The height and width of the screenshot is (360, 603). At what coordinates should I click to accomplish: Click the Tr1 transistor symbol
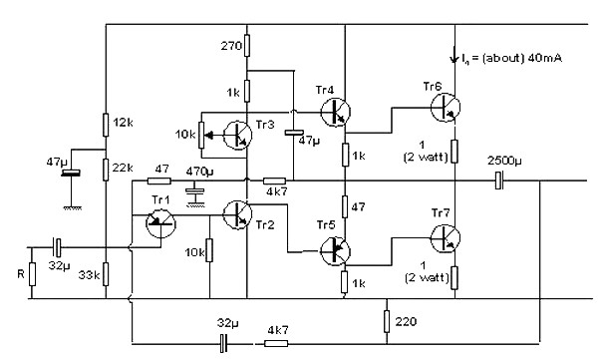coord(160,223)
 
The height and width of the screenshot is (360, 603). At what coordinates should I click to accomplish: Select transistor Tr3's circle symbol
coord(237,135)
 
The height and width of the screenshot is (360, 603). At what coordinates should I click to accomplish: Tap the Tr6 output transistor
coord(446,107)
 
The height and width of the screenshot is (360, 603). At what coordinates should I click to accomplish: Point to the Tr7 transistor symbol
coord(446,238)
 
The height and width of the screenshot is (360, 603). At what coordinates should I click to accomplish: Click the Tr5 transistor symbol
coord(336,251)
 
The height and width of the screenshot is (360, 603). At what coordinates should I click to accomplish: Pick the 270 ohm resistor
coord(247,46)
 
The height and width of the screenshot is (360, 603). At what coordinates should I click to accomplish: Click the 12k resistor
coord(106,125)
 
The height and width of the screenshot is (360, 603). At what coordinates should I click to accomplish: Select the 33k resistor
coord(106,274)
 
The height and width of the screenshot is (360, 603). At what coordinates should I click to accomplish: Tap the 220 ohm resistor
coord(387,321)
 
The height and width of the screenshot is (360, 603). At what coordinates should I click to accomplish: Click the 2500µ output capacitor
coord(498,180)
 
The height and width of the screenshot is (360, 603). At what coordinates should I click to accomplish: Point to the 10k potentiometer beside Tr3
coord(201,135)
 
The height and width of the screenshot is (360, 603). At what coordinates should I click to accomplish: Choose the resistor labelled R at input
coord(32,274)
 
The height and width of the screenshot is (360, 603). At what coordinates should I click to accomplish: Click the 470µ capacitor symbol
coord(195,190)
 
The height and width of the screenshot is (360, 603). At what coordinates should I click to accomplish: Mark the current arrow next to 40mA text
coord(454,55)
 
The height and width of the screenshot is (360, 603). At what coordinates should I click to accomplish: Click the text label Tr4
coord(325,90)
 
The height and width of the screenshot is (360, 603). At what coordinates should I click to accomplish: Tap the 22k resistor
coord(106,170)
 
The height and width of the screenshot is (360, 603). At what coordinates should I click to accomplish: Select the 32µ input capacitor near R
coord(57,247)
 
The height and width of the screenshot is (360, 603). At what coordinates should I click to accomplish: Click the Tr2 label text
coord(265,225)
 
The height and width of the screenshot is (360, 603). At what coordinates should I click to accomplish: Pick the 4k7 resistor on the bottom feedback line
coord(276,343)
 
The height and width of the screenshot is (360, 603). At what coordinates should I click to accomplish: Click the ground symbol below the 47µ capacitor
coord(72,208)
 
